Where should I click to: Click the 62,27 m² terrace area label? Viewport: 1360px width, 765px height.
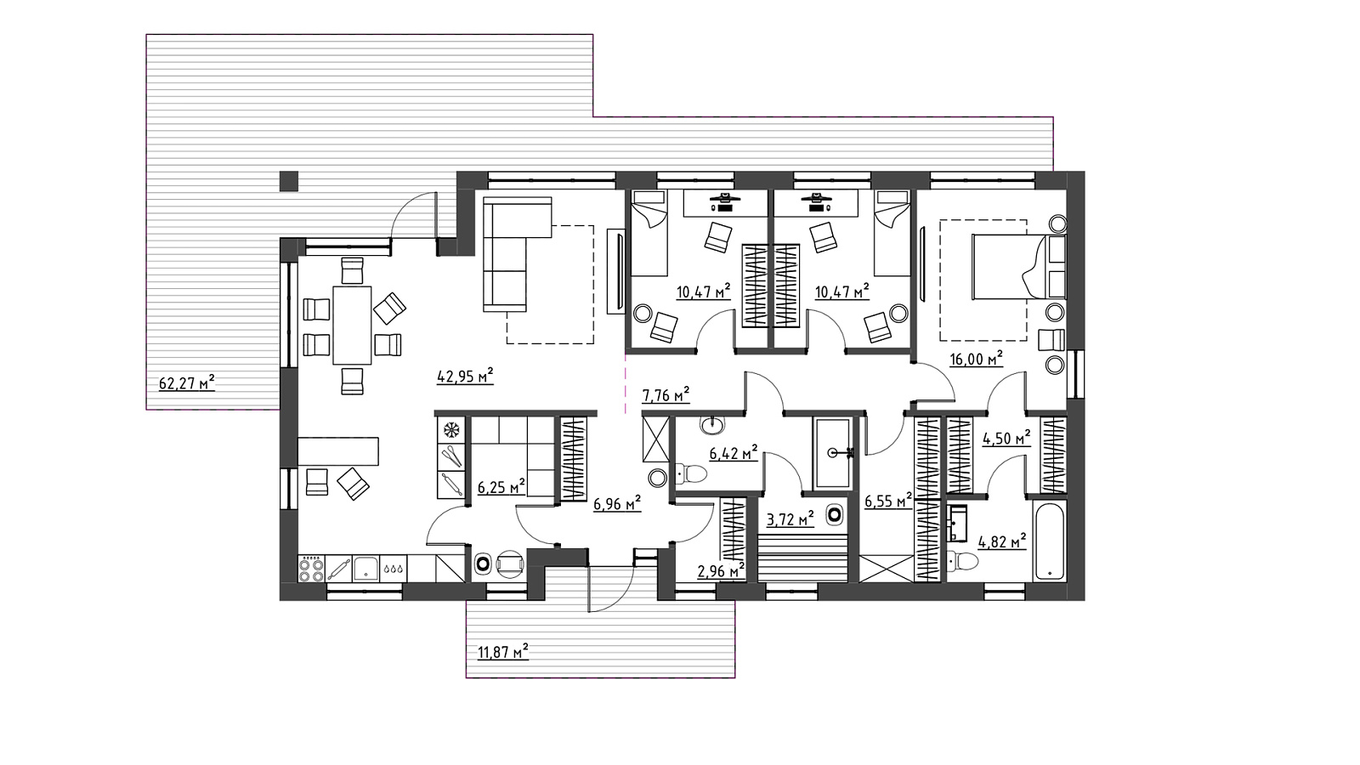[187, 383]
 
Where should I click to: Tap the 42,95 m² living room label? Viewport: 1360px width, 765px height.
[465, 377]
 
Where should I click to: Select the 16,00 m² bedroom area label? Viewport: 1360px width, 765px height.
[977, 359]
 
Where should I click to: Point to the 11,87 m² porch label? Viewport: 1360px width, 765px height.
[503, 652]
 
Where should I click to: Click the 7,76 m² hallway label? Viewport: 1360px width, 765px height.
[666, 395]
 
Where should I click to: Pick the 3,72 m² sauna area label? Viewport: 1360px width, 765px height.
[790, 518]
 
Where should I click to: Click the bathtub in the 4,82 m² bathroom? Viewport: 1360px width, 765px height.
[1049, 540]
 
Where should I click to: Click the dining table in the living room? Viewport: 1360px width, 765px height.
[352, 325]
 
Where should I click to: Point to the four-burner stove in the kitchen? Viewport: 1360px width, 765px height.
[311, 569]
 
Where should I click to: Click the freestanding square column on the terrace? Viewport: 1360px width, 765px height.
[289, 182]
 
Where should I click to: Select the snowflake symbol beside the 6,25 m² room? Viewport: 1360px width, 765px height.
[451, 430]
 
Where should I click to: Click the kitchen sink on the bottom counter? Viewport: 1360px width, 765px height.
[366, 569]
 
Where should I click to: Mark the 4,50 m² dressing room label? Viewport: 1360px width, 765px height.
[1006, 437]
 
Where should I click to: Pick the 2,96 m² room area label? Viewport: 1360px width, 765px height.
[722, 570]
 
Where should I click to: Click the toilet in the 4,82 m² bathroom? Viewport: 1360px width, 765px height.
[962, 560]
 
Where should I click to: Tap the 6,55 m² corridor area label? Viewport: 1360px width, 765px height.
[887, 500]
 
